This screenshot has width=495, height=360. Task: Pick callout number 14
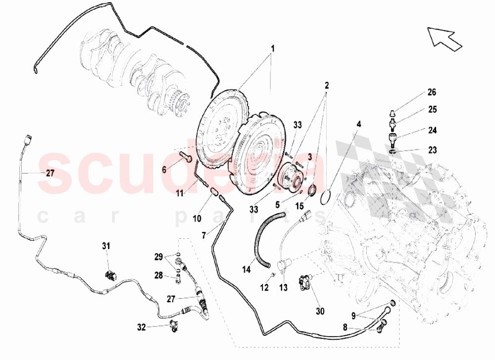click(x=246, y=269)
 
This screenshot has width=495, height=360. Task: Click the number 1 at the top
click(x=272, y=49)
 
